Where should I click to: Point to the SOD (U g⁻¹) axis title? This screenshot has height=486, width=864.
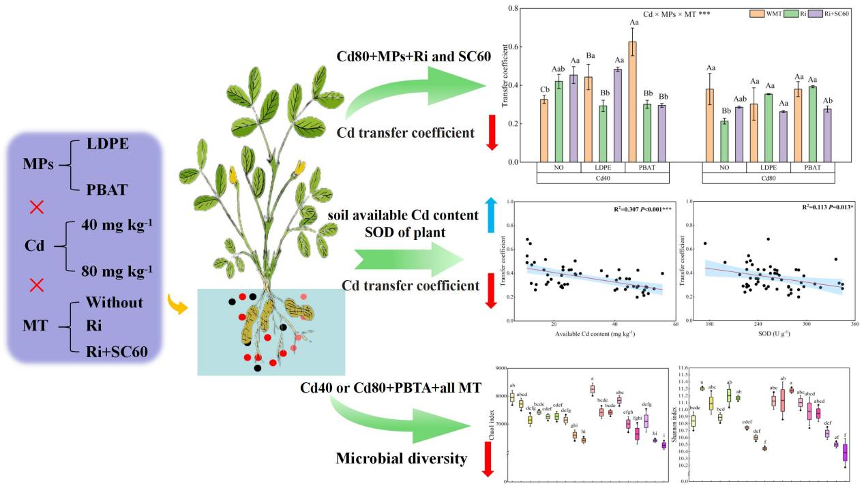tap(770, 333)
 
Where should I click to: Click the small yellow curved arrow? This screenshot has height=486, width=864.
tap(177, 304)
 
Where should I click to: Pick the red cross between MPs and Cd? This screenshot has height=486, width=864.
tap(37, 208)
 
